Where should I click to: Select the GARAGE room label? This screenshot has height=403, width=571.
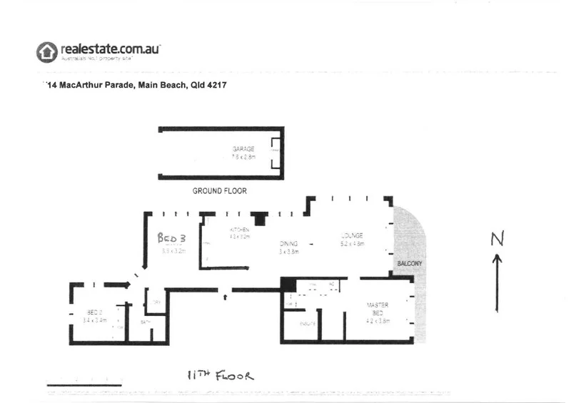coord(243,149)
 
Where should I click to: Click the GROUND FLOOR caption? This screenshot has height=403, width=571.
coord(220,191)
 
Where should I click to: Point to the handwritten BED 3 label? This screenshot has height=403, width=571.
coord(171,239)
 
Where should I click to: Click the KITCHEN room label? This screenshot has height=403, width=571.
coord(238,230)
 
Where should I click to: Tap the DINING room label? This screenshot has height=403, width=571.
coord(288,243)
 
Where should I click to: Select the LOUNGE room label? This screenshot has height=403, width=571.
coord(352,235)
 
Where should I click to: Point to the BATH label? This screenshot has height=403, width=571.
coord(145,322)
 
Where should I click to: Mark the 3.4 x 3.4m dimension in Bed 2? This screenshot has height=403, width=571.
coord(95,321)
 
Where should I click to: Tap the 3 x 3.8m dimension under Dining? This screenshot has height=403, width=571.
coord(288,251)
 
